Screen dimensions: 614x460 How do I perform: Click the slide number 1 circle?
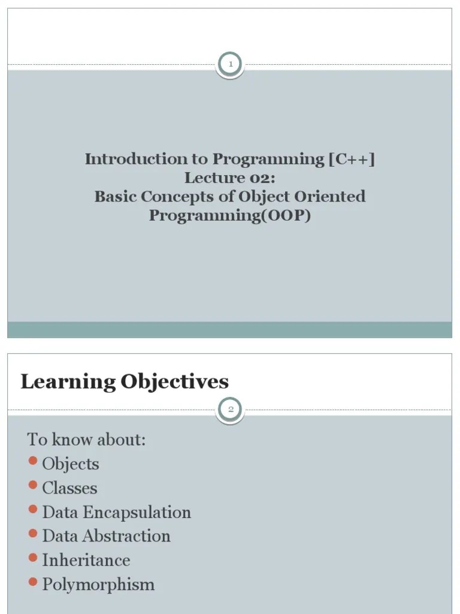(230, 64)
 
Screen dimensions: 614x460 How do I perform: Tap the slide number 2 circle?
(230, 410)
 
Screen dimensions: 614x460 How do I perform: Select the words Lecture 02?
(230, 178)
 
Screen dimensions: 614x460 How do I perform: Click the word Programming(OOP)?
(230, 215)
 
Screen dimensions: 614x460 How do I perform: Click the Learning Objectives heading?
(125, 382)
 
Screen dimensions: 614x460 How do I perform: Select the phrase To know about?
(86, 440)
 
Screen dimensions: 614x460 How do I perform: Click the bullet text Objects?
(71, 464)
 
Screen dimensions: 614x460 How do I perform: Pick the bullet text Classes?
(69, 488)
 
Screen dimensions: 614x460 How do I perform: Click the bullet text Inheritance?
(86, 560)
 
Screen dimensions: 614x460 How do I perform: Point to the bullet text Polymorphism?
(98, 585)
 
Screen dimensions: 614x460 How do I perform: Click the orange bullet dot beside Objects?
(33, 462)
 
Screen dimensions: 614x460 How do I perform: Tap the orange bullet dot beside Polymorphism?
(33, 582)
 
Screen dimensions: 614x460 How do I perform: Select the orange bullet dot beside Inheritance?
(33, 558)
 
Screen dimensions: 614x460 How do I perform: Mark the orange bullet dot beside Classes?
(33, 486)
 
